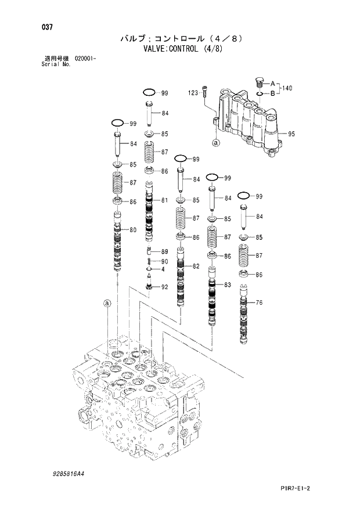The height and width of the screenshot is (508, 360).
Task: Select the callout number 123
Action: pos(193,92)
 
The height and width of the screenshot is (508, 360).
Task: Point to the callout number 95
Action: pos(291,134)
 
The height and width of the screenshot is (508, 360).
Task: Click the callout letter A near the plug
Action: pos(272,83)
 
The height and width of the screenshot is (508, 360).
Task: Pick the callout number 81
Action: pos(164,200)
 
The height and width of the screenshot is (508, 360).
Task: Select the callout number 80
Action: pos(133,230)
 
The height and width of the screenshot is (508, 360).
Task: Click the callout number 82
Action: pos(196,266)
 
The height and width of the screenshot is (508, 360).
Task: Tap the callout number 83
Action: pos(227,284)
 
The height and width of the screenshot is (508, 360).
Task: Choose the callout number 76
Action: pos(259,302)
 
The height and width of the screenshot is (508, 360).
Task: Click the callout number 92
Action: pos(164,287)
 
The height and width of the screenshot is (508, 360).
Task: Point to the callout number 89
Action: pos(164,251)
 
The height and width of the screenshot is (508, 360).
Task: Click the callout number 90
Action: pos(164,261)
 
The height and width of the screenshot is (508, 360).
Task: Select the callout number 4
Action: pos(163,269)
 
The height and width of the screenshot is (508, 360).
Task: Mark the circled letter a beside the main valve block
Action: pos(106,303)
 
